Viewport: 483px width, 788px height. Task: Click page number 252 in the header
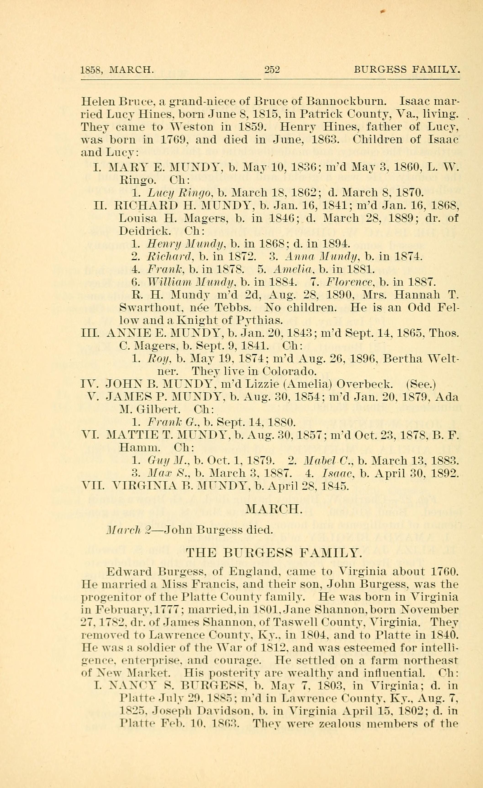272,69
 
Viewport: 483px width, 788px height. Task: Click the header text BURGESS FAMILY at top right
406,69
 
